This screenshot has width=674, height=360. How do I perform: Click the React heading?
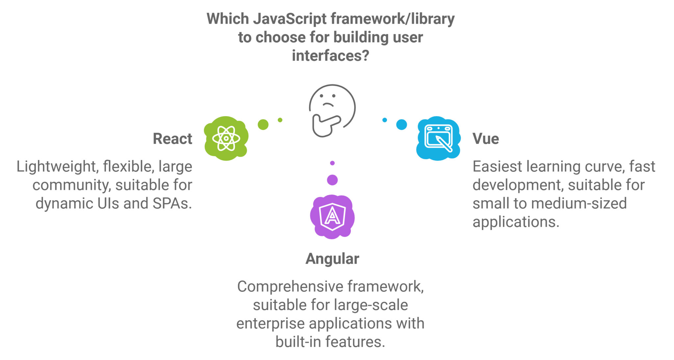pos(172,139)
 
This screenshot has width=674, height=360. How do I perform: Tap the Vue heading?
pos(486,139)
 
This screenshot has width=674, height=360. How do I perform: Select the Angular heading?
pos(332,259)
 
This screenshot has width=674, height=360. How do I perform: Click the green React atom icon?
pos(226,138)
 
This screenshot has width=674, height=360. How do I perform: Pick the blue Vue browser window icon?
pos(438,138)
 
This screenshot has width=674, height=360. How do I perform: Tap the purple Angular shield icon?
pos(332,217)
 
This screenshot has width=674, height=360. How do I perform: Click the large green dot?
pos(263,124)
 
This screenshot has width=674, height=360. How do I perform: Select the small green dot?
pos(280,120)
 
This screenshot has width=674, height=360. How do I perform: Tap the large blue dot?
pos(402,124)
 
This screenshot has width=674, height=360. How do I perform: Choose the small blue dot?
pos(385,120)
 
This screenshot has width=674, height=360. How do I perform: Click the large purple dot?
pos(332,180)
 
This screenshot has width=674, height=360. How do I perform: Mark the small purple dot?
pos(332,163)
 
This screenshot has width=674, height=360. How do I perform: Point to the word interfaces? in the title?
pos(331,56)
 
